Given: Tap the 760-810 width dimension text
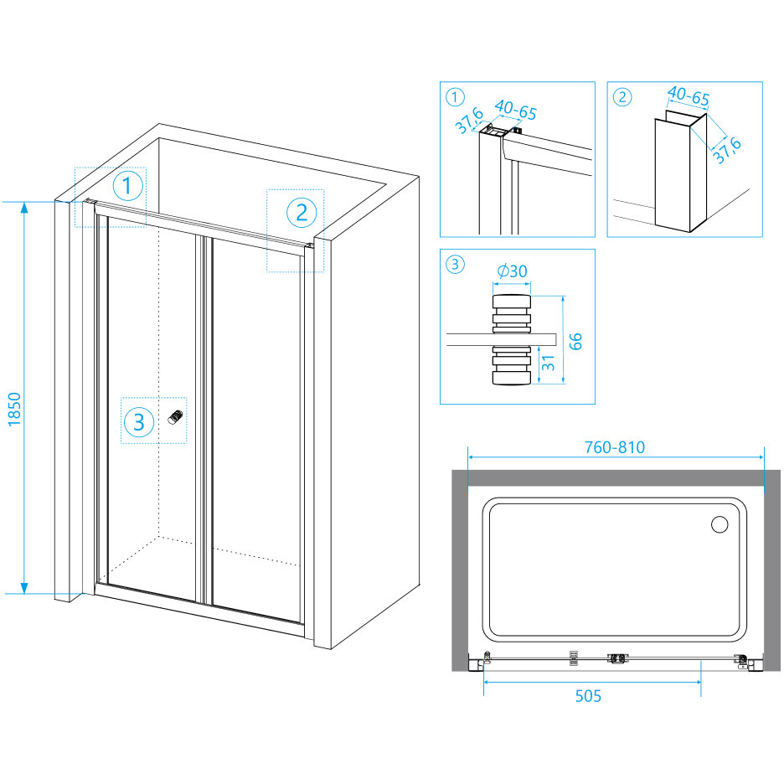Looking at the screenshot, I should coord(616,447).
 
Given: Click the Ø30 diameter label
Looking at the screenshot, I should coord(512,271).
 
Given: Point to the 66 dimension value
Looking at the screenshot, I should coord(575,340).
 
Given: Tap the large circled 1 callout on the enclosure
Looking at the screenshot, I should coord(127,186).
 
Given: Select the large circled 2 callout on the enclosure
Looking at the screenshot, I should coord(302,212).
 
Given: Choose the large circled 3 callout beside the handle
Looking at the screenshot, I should coord(139,422).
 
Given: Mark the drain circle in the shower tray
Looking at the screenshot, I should coord(720,525).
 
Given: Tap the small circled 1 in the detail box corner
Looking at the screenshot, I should coord(454,96).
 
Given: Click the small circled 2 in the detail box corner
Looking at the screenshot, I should coord(622,96).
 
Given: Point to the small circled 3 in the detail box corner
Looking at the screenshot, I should coord(454,265).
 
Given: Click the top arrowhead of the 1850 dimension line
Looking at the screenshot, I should coord(24,206).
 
